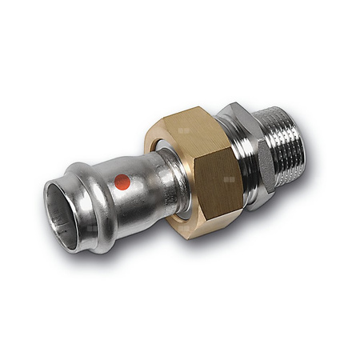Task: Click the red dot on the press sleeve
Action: coord(122,182)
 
